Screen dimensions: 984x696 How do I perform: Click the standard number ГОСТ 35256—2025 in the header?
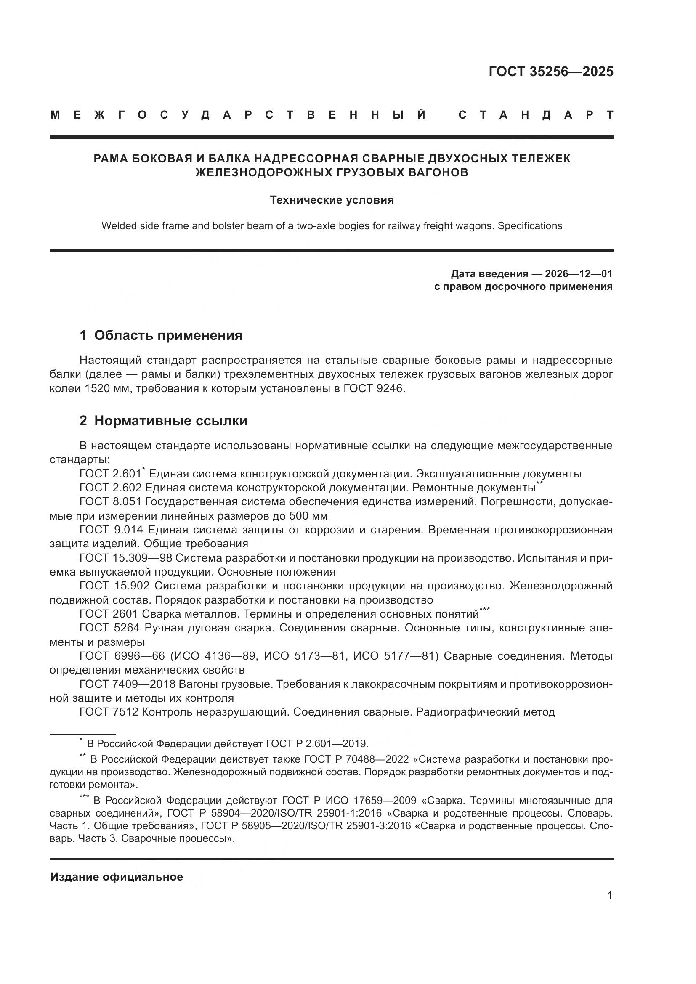[x=551, y=72]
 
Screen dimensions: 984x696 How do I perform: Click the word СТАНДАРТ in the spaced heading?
[x=536, y=115]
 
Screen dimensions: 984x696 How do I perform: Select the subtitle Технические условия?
[x=332, y=200]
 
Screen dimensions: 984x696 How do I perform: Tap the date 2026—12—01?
[x=579, y=274]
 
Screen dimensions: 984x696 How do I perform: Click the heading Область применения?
[x=168, y=335]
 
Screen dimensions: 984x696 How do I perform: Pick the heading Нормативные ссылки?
[x=170, y=421]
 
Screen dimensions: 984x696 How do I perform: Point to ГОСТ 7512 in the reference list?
[x=109, y=712]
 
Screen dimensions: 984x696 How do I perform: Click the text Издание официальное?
[x=117, y=877]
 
